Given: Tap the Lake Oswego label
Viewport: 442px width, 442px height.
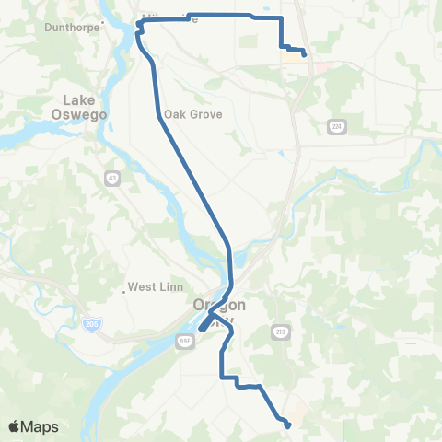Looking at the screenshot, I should click(x=86, y=107).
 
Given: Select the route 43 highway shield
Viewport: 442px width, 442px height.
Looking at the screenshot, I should click(x=111, y=178).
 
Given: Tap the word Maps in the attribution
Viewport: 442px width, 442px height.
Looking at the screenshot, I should click(x=41, y=426).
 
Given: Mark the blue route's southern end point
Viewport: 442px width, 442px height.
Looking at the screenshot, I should click(x=288, y=425).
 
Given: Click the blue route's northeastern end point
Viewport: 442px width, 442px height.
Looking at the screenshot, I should click(x=304, y=55).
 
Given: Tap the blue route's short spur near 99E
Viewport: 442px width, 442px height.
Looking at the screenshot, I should click(x=202, y=327).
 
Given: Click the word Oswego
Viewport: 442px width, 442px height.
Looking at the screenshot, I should click(x=86, y=113).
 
